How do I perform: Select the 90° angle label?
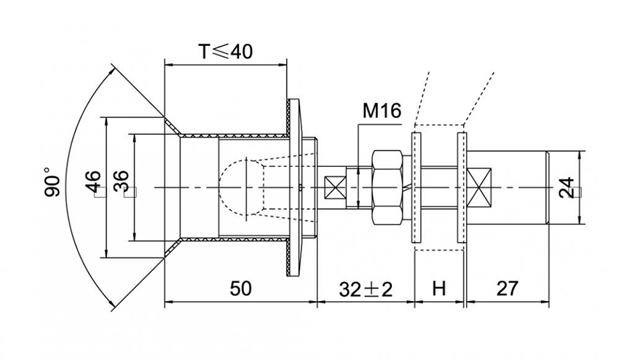(52, 182)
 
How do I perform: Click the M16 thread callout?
(381, 111)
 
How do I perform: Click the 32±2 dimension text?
(365, 289)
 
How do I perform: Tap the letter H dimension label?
(438, 289)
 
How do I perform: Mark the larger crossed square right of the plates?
(481, 187)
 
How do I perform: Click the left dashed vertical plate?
(417, 187)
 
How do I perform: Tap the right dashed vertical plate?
(461, 187)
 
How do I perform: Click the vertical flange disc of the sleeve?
(294, 187)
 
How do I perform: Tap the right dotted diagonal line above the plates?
(481, 95)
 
